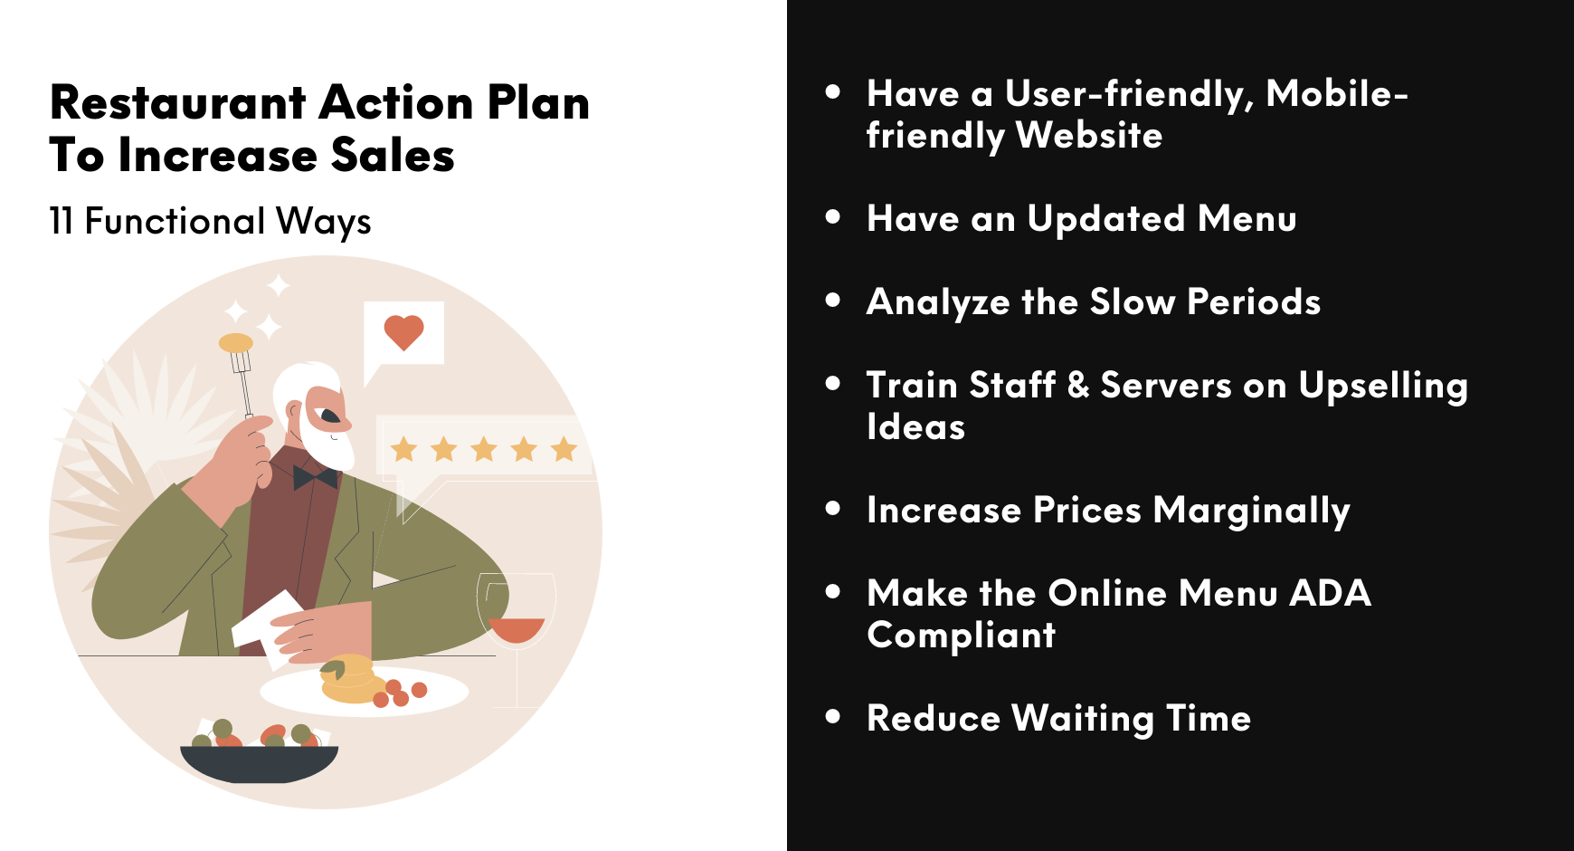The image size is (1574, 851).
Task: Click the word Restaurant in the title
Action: [178, 102]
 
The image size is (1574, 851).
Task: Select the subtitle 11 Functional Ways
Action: [210, 222]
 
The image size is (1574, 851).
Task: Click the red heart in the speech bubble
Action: [403, 331]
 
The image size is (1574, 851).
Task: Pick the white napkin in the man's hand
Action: [268, 620]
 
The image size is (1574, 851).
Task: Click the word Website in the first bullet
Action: [1088, 136]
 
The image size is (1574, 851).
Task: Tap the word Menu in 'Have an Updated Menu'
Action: [1247, 219]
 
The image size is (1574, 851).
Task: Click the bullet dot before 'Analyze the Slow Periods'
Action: [833, 301]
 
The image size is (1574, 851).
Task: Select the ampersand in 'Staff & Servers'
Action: [1078, 386]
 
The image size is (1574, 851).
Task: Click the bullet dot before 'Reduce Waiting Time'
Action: [833, 717]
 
